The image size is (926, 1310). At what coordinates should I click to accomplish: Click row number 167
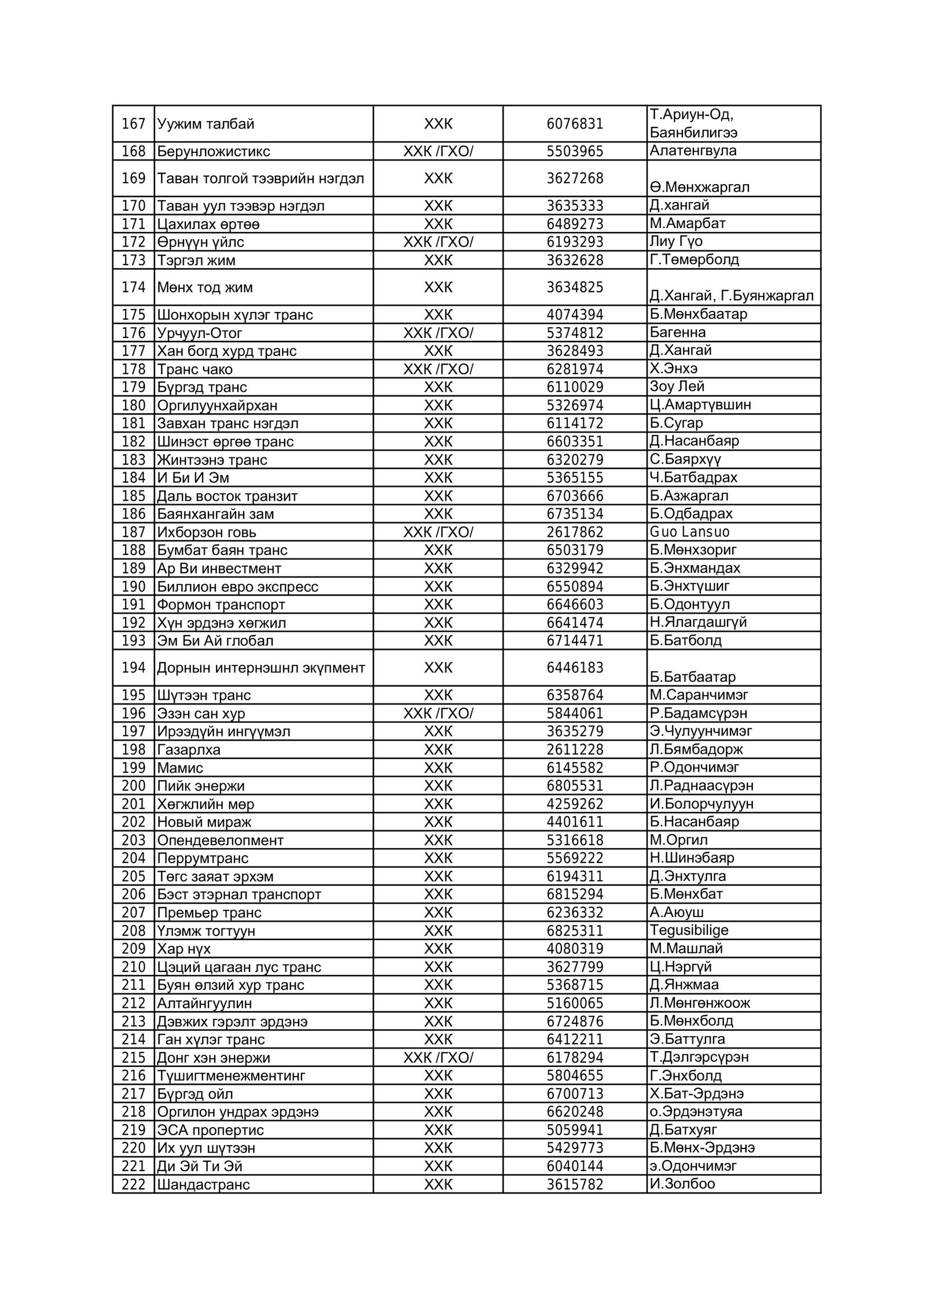pyautogui.click(x=133, y=124)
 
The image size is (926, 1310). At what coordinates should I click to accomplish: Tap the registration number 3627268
pyautogui.click(x=575, y=178)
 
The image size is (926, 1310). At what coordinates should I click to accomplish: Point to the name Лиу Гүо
pyautogui.click(x=675, y=241)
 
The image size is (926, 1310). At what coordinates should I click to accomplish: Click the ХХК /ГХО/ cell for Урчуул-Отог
pyautogui.click(x=438, y=333)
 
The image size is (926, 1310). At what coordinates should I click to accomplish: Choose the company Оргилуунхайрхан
pyautogui.click(x=217, y=405)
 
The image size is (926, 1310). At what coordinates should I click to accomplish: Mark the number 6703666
pyautogui.click(x=575, y=496)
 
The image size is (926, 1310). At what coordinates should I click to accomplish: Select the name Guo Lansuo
pyautogui.click(x=689, y=532)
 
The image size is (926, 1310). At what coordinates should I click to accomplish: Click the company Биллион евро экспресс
pyautogui.click(x=237, y=587)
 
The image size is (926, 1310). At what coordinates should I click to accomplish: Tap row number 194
pyautogui.click(x=133, y=668)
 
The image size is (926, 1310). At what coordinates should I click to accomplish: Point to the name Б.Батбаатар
pyautogui.click(x=692, y=677)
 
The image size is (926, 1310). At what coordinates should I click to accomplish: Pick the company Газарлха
pyautogui.click(x=189, y=750)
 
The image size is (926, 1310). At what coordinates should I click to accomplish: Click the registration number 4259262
pyautogui.click(x=575, y=804)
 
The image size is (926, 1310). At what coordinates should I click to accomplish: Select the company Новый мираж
pyautogui.click(x=204, y=822)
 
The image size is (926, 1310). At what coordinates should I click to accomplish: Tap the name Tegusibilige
pyautogui.click(x=689, y=930)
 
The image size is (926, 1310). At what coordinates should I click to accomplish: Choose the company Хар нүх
pyautogui.click(x=184, y=949)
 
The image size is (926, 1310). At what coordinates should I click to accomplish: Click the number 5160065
pyautogui.click(x=575, y=1003)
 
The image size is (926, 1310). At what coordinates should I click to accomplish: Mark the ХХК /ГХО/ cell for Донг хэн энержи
pyautogui.click(x=438, y=1058)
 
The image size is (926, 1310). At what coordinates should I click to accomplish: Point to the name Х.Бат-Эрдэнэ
pyautogui.click(x=696, y=1093)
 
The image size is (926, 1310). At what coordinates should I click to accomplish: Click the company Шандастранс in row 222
pyautogui.click(x=203, y=1184)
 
